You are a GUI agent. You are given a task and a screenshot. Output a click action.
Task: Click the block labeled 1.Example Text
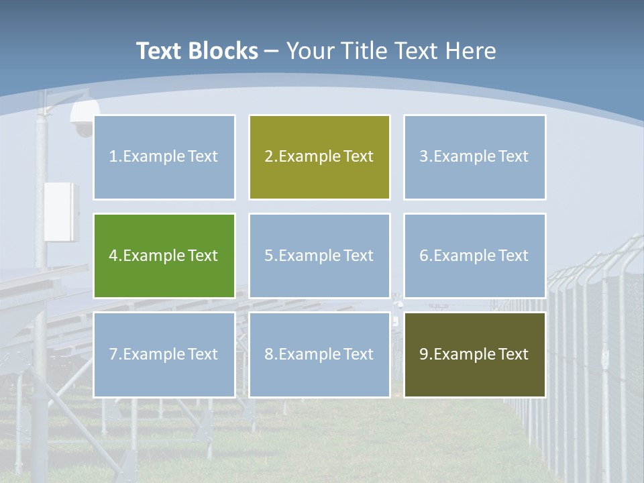tap(164, 157)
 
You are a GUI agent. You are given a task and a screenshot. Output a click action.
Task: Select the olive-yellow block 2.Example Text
tap(319, 157)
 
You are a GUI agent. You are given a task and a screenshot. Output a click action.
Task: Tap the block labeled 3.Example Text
tap(474, 157)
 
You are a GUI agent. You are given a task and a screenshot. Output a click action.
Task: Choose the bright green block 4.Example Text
tap(164, 256)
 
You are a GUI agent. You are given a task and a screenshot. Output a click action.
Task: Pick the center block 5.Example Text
tap(319, 256)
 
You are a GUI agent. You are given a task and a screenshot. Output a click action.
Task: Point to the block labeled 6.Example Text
tap(474, 256)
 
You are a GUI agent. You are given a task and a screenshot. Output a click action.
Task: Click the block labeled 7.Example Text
tap(164, 354)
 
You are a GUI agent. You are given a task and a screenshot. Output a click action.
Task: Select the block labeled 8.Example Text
tap(319, 354)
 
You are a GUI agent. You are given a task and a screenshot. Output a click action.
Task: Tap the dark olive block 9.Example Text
tap(474, 354)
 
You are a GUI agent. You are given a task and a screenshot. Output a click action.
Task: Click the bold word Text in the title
tap(158, 51)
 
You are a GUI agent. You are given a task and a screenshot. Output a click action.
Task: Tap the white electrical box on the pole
tap(61, 211)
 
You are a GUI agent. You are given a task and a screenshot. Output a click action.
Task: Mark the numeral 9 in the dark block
tap(424, 354)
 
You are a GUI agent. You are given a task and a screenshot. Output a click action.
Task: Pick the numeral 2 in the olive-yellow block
tap(269, 157)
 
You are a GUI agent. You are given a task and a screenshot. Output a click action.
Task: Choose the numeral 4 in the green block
tap(113, 256)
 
